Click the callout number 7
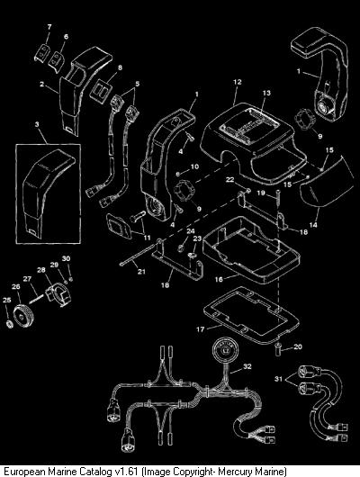click(x=49, y=27)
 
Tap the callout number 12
click(x=237, y=82)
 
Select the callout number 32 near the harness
click(x=247, y=366)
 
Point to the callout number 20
click(x=298, y=346)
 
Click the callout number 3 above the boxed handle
click(x=37, y=124)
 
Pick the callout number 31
click(x=278, y=379)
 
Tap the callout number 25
click(x=6, y=300)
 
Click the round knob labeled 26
click(x=24, y=316)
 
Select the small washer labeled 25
click(x=9, y=324)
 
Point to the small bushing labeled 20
click(x=278, y=346)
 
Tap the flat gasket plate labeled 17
click(x=251, y=314)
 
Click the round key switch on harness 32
click(x=226, y=349)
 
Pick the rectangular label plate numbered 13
click(x=248, y=125)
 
